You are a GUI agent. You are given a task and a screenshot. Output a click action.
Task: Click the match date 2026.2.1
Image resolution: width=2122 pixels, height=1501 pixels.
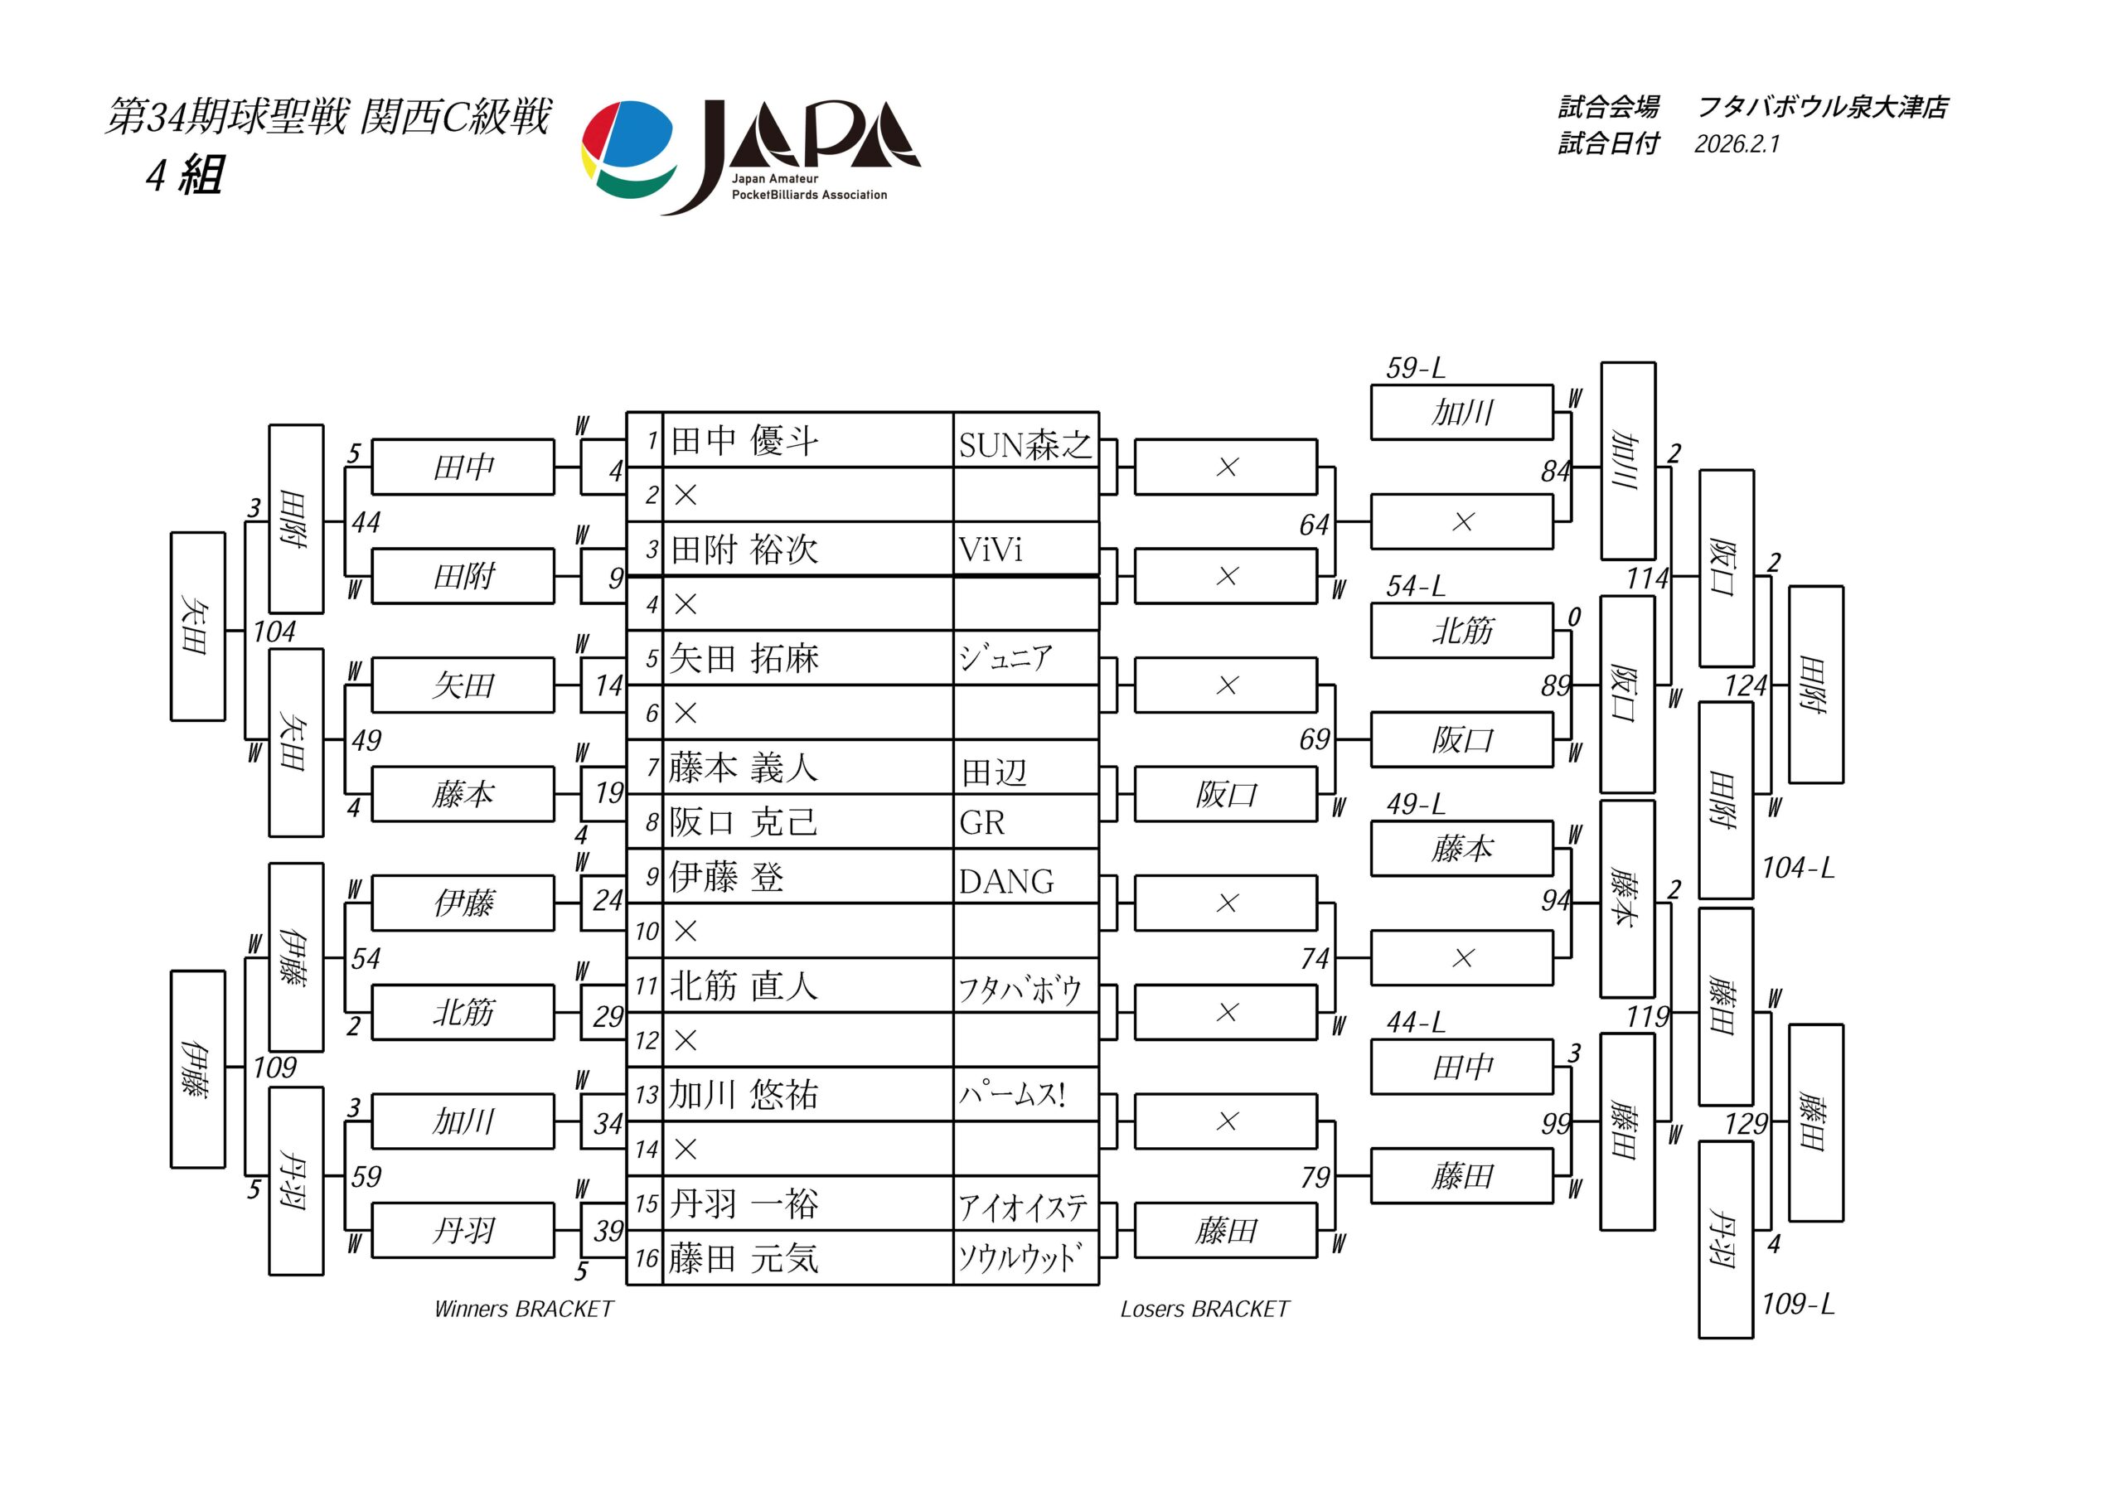[x=1736, y=144]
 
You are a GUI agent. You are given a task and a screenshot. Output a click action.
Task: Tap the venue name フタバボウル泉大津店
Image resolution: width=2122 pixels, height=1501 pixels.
[x=1822, y=107]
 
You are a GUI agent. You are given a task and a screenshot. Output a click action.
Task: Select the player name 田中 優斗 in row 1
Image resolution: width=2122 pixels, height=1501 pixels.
[x=744, y=441]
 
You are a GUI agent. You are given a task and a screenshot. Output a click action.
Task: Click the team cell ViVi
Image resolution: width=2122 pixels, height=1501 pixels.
[x=991, y=550]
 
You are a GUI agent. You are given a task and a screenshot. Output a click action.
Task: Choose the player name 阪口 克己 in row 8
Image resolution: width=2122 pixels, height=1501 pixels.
[x=744, y=821]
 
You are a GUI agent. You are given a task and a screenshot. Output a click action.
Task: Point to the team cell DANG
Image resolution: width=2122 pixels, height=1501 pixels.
[x=1005, y=881]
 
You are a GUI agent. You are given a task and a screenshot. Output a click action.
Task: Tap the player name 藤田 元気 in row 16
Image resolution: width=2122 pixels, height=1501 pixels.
[x=744, y=1258]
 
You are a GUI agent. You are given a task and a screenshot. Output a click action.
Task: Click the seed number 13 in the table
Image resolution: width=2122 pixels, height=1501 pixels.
[x=646, y=1095]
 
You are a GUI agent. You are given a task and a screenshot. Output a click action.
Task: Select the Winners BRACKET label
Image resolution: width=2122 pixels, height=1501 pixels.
[x=523, y=1309]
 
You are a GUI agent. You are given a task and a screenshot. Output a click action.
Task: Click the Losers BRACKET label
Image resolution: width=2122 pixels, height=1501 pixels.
[x=1204, y=1309]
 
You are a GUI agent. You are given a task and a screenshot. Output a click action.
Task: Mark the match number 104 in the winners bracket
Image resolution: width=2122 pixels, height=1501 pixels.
[x=274, y=632]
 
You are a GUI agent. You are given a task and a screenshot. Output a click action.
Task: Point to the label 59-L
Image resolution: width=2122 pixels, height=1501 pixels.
[x=1415, y=368]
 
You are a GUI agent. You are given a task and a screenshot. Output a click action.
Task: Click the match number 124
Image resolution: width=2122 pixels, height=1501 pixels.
[x=1745, y=685]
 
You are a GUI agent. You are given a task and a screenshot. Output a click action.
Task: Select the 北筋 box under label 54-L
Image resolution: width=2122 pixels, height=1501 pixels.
[x=1461, y=631]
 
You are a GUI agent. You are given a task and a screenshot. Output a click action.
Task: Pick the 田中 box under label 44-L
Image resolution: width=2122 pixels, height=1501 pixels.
[x=1461, y=1067]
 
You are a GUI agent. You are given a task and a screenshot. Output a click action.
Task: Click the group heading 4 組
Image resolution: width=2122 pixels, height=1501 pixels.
[x=185, y=175]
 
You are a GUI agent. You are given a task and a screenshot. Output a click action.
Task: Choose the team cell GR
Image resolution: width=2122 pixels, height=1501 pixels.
[x=981, y=821]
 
